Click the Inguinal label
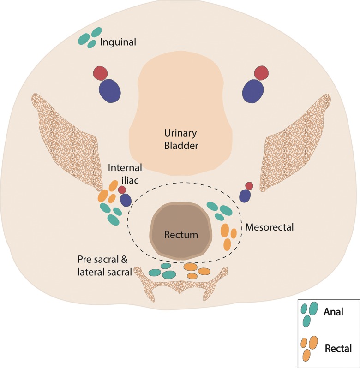tap(119, 42)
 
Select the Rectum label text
tap(181, 235)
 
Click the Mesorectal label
tap(270, 227)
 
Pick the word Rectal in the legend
tap(338, 348)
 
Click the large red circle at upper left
tap(100, 73)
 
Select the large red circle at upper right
tap(261, 72)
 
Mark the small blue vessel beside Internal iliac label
tap(126, 200)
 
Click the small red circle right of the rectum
tap(249, 186)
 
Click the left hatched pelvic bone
tap(69, 138)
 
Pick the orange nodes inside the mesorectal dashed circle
tap(228, 236)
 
